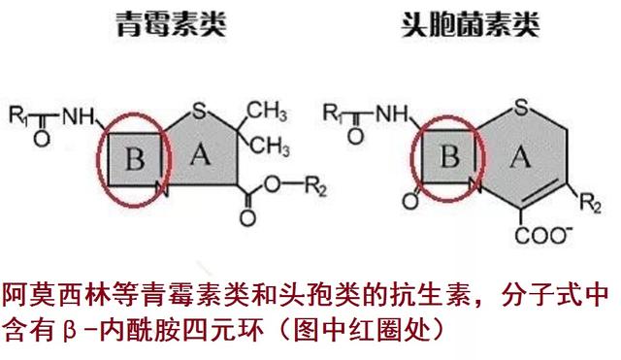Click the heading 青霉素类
click(x=159, y=24)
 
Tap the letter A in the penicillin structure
click(x=197, y=152)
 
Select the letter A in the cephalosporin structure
click(x=519, y=155)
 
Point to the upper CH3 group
click(x=268, y=109)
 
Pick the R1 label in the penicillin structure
click(x=18, y=114)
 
